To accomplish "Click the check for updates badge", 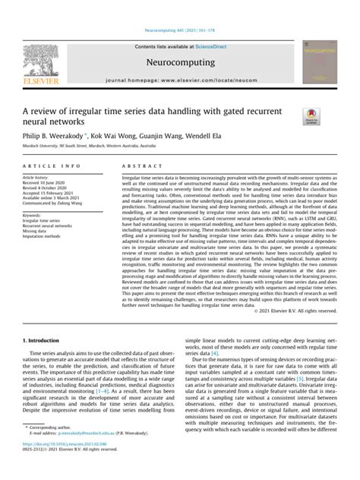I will coord(312,115).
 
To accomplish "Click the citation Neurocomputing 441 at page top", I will coord(180,33).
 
